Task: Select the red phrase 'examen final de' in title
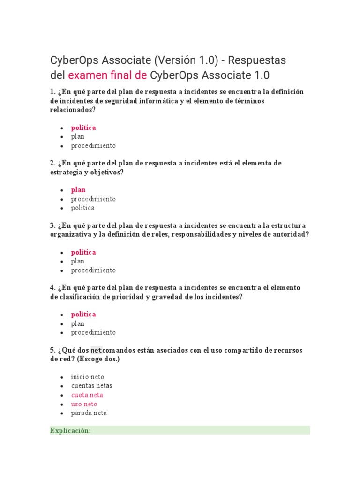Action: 107,75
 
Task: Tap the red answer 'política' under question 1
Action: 83,127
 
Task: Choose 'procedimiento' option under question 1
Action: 93,145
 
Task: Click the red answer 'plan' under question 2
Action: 78,190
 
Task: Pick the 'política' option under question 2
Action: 83,208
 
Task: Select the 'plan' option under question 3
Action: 78,261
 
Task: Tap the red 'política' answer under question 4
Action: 83,314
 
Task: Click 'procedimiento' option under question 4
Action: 93,332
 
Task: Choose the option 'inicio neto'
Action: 88,377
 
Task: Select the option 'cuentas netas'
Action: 92,386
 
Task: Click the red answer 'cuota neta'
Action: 87,395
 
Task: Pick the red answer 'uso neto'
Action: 84,404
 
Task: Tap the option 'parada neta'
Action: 89,413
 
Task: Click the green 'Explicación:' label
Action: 70,431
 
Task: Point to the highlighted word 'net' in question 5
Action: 97,350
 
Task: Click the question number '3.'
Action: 52,225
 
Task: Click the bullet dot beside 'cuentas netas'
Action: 62,386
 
